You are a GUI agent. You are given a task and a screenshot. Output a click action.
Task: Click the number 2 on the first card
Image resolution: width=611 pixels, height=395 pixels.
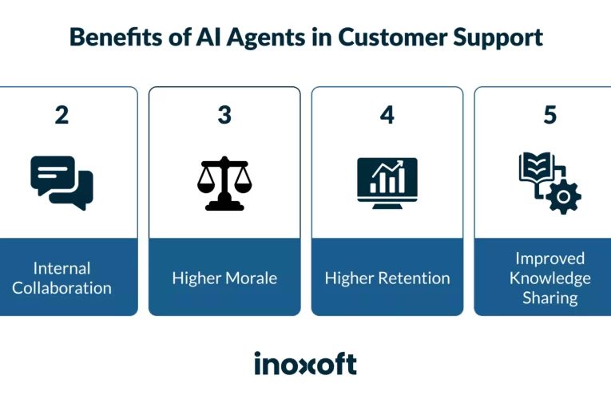[x=61, y=115]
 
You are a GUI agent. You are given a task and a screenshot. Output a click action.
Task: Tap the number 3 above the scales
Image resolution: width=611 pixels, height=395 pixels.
[x=224, y=115]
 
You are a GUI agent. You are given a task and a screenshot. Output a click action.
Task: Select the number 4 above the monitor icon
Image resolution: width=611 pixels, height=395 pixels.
[x=387, y=115]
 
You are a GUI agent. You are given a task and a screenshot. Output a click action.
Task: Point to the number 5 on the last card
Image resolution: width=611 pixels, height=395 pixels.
[x=550, y=115]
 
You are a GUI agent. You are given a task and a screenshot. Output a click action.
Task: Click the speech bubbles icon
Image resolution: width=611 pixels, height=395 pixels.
[x=61, y=182]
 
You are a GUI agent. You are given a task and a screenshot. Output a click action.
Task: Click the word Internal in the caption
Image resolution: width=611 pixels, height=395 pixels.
[x=61, y=268]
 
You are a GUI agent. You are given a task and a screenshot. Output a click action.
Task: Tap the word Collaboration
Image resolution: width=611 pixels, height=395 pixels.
[x=61, y=287]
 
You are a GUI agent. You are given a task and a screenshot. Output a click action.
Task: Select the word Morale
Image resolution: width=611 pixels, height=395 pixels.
[x=251, y=278]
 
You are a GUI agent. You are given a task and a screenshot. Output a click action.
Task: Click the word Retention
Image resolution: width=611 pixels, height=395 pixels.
[x=416, y=278]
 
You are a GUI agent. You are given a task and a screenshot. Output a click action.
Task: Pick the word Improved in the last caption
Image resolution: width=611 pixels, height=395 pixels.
[x=550, y=258]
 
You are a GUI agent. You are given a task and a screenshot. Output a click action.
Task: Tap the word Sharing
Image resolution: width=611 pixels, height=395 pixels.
[x=550, y=298]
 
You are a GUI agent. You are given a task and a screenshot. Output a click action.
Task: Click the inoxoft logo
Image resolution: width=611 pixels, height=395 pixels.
[x=305, y=364]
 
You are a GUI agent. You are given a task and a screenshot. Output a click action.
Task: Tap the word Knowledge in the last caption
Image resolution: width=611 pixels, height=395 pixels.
[x=550, y=278]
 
